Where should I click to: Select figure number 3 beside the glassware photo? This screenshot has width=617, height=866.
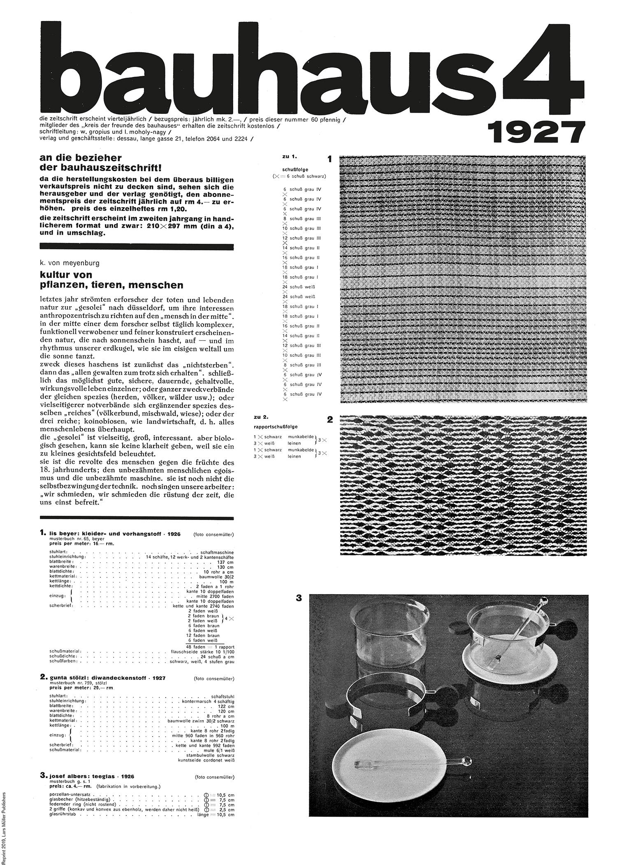click(x=299, y=598)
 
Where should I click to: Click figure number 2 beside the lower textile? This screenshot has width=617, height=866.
click(x=329, y=420)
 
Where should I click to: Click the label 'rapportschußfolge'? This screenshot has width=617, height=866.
click(x=276, y=427)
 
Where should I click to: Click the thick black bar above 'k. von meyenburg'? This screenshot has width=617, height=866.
click(x=137, y=247)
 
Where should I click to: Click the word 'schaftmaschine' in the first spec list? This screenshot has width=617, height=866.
click(x=217, y=552)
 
